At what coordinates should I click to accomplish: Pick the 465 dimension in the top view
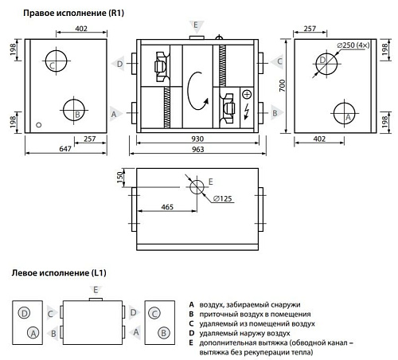pyautogui.click(x=167, y=206)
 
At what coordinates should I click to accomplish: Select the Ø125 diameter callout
pyautogui.click(x=224, y=198)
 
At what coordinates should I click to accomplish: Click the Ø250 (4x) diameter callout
pyautogui.click(x=352, y=45)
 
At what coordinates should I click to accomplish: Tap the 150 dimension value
pyautogui.click(x=121, y=176)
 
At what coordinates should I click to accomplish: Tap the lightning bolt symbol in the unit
pyautogui.click(x=247, y=108)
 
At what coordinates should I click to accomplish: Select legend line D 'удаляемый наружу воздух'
pyautogui.click(x=242, y=334)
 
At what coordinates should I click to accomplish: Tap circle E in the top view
pyautogui.click(x=196, y=186)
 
